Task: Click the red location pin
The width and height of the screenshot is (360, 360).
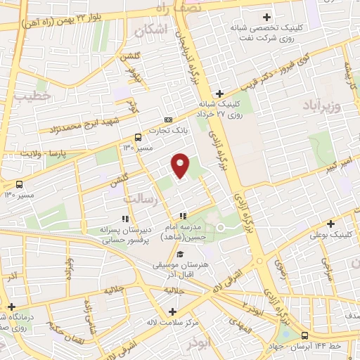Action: [181, 165]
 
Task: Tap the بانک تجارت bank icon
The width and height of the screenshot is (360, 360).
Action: [167, 120]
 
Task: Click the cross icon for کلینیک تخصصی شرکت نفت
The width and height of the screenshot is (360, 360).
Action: [266, 17]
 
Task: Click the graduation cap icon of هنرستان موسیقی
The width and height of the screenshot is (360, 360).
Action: [181, 254]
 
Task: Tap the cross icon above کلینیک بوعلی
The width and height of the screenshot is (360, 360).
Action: [330, 223]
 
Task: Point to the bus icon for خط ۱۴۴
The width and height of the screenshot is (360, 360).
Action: [304, 335]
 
